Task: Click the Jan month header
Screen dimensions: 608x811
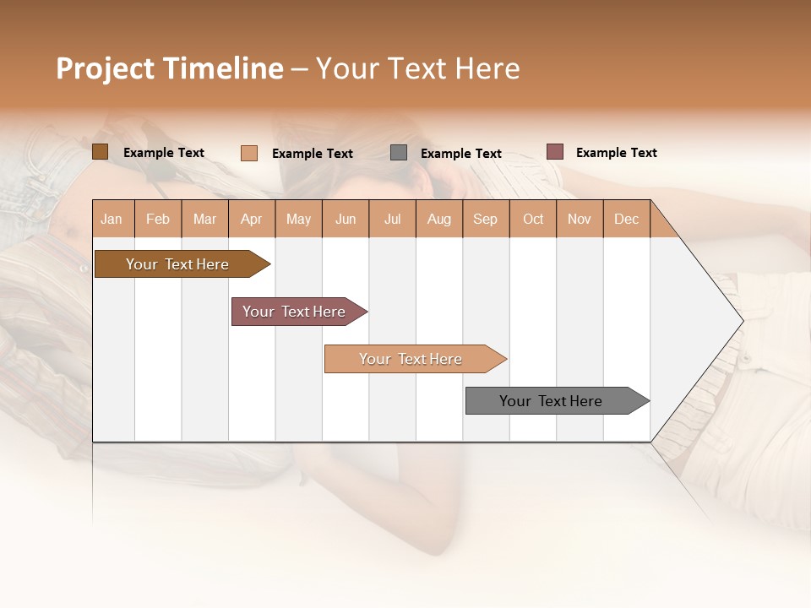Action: [x=112, y=219]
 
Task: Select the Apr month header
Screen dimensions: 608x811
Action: [x=251, y=219]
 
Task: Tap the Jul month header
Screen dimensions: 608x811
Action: [x=392, y=219]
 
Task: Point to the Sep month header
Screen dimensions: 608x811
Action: [x=485, y=219]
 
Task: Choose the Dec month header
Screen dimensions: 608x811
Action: [x=626, y=219]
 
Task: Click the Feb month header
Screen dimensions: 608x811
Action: [x=158, y=219]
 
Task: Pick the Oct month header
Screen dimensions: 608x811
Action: [x=533, y=219]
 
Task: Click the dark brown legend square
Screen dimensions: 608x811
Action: [x=100, y=152]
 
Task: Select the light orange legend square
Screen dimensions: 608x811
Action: [x=248, y=153]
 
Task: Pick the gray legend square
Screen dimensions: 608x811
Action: [x=399, y=153]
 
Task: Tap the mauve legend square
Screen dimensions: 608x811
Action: [x=554, y=152]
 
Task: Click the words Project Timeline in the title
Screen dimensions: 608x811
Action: [x=170, y=68]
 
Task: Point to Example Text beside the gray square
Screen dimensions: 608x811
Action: [x=461, y=154]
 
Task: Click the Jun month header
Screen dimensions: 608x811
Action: [x=346, y=219]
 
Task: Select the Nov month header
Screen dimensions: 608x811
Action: [x=580, y=219]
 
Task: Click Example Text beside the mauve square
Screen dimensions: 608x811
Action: [x=617, y=153]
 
